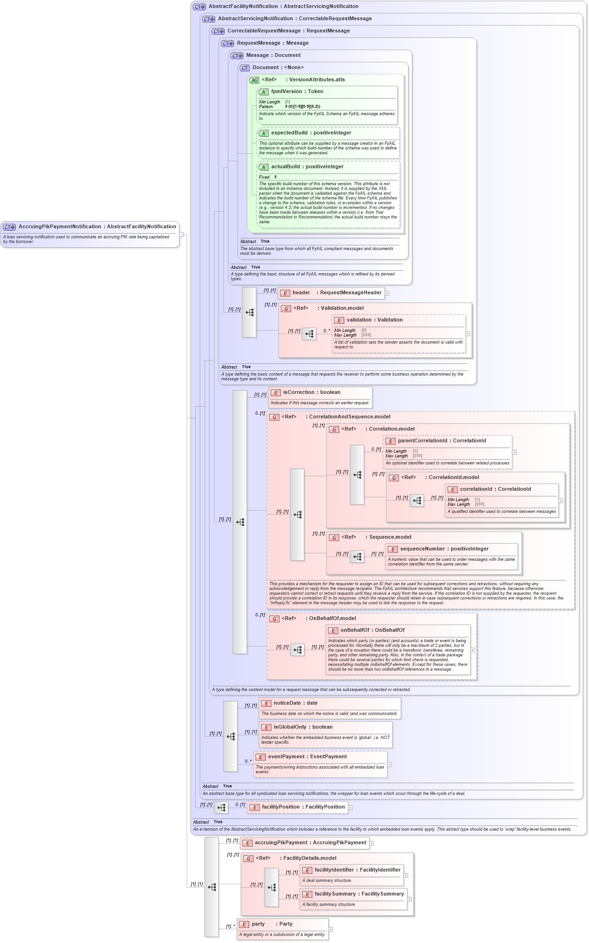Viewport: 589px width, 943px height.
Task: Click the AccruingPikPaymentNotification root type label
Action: pyautogui.click(x=97, y=227)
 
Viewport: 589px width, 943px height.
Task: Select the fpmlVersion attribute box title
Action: pyautogui.click(x=297, y=92)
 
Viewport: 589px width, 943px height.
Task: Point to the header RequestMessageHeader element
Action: pyautogui.click(x=336, y=293)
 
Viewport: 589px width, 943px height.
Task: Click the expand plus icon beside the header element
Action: pyautogui.click(x=387, y=293)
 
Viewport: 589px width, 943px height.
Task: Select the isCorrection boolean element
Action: pyautogui.click(x=311, y=393)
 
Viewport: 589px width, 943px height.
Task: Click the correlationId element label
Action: pyautogui.click(x=495, y=489)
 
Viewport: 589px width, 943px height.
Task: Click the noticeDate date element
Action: pyautogui.click(x=295, y=703)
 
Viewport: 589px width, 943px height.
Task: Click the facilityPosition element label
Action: pyautogui.click(x=303, y=807)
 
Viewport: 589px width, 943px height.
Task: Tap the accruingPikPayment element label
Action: pyautogui.click(x=310, y=843)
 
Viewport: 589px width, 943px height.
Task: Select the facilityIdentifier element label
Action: pyautogui.click(x=357, y=870)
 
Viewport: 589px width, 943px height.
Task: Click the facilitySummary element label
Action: pyautogui.click(x=359, y=894)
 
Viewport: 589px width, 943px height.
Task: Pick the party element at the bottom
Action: pyautogui.click(x=271, y=924)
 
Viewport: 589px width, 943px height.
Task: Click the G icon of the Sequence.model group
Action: pyautogui.click(x=334, y=538)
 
